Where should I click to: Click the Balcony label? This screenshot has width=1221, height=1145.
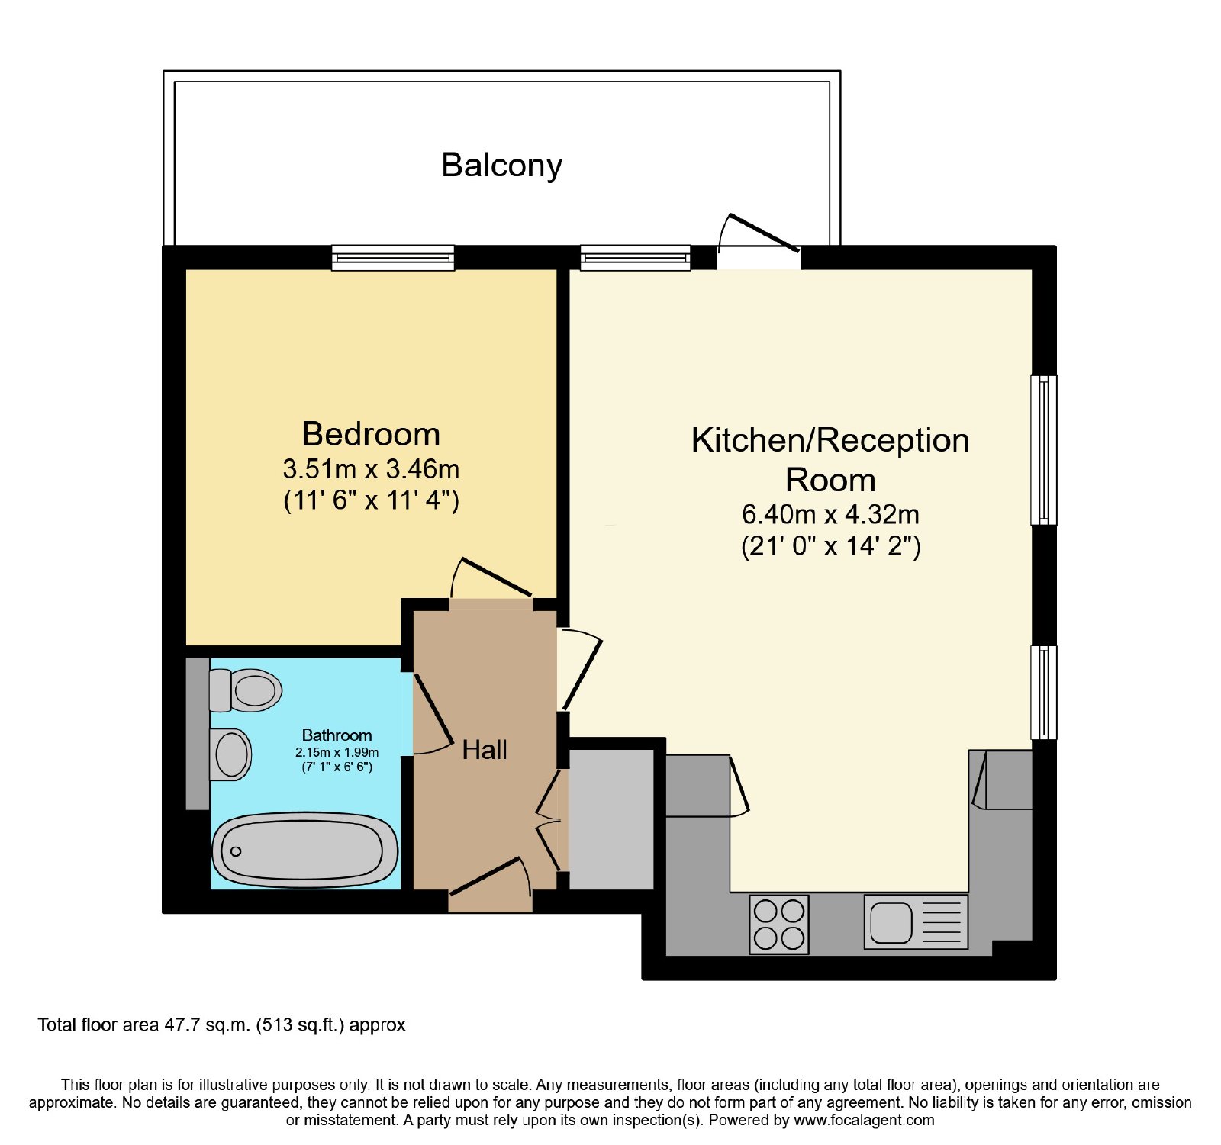coord(501,166)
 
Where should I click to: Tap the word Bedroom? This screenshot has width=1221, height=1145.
coord(371,434)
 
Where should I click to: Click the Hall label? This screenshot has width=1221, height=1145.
coord(485,750)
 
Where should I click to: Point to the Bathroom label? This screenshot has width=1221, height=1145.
coord(337,735)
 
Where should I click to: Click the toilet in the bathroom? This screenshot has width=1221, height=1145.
coord(245,690)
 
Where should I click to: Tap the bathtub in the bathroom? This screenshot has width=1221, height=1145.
coord(305,850)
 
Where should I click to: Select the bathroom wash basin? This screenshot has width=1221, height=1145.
coord(230,754)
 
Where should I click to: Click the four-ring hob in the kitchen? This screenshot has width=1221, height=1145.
coord(779,924)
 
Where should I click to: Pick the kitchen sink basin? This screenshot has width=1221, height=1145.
coord(891,922)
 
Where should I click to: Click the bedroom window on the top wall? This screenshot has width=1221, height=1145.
coord(393,258)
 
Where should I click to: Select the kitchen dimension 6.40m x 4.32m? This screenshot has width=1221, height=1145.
coord(830,514)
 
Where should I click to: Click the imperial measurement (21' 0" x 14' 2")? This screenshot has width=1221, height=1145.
coord(831,546)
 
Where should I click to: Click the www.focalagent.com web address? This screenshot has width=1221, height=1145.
coord(864,1121)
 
